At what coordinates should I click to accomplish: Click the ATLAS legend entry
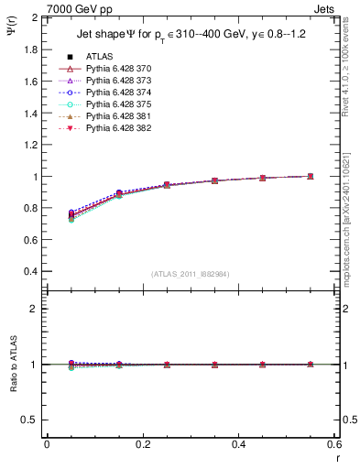tap(101, 57)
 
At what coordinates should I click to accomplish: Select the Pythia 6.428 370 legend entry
tap(117, 69)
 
